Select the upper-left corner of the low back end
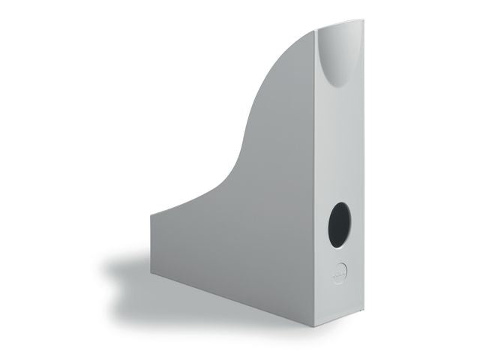[150, 214]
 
